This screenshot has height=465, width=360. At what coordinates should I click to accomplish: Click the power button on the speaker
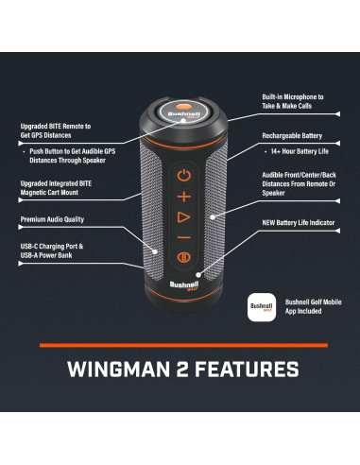pyautogui.click(x=183, y=175)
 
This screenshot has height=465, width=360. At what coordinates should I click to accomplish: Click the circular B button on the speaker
pyautogui.click(x=183, y=257)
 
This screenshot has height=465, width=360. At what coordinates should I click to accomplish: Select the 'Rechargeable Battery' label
pyautogui.click(x=293, y=136)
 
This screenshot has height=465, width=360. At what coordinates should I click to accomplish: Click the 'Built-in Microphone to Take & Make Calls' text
pyautogui.click(x=293, y=103)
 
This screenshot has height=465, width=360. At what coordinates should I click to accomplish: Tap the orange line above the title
pyautogui.click(x=181, y=345)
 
